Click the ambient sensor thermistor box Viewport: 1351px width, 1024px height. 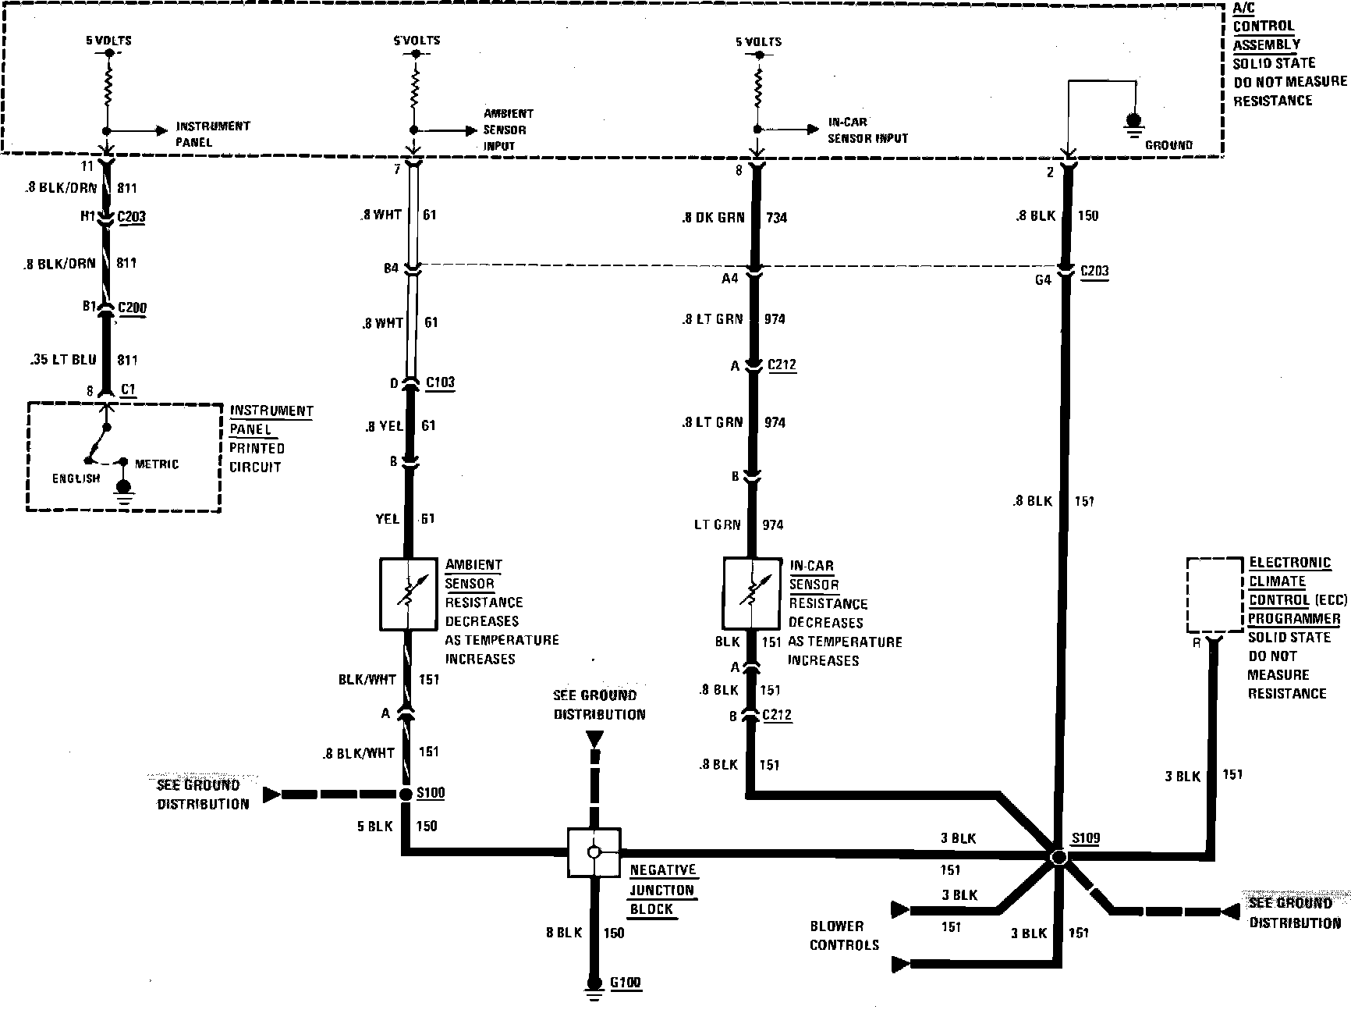point(407,594)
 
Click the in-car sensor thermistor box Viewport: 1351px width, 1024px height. point(752,593)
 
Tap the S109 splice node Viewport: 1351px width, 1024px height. point(1058,856)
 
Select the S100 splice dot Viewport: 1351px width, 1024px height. point(406,795)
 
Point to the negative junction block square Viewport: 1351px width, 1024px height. point(594,852)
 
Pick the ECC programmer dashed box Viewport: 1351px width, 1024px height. point(1214,595)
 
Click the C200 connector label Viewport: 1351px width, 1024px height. point(132,308)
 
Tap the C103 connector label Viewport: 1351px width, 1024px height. point(440,382)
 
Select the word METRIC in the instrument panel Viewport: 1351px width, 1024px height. point(157,464)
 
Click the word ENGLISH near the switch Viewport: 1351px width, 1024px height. point(76,478)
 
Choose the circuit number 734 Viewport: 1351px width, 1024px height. point(776,218)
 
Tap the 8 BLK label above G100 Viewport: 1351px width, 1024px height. point(563,932)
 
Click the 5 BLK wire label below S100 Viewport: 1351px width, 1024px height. point(375,826)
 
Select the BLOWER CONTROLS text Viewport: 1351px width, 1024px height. point(844,935)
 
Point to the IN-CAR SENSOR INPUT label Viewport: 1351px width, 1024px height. point(867,130)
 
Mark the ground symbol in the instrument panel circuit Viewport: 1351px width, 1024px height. point(123,491)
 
